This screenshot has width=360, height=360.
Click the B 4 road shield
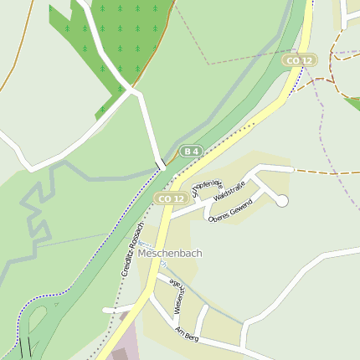click(192, 151)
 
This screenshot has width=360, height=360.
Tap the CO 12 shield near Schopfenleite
click(170, 198)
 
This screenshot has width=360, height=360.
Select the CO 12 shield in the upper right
click(300, 60)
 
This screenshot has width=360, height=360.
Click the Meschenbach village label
click(171, 253)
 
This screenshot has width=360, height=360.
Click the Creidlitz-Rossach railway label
click(132, 249)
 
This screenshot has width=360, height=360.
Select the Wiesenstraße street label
click(177, 296)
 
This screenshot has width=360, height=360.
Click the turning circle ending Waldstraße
click(282, 200)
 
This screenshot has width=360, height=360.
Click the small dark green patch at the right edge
click(352, 103)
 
